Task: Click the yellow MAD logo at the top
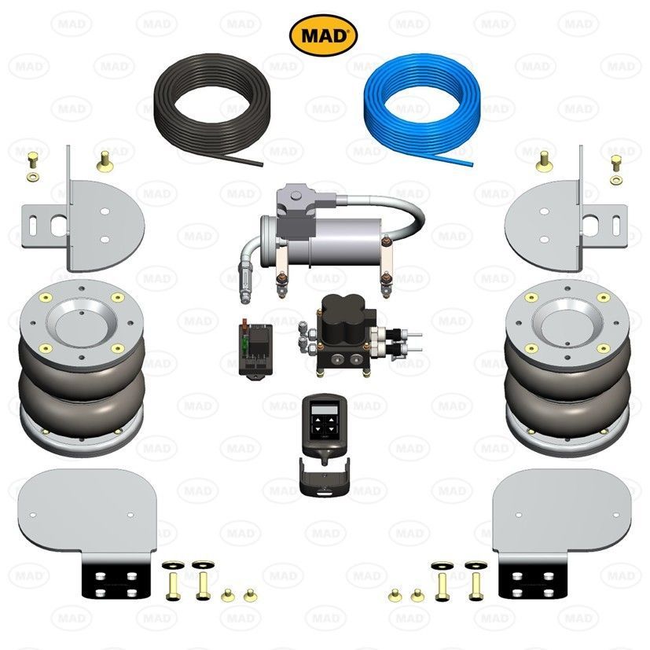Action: [x=323, y=35]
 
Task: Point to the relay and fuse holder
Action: [x=255, y=348]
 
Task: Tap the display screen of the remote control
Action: [x=325, y=409]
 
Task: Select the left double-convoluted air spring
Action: [x=82, y=368]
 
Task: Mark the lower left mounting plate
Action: [x=87, y=512]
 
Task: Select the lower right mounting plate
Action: [x=563, y=512]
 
